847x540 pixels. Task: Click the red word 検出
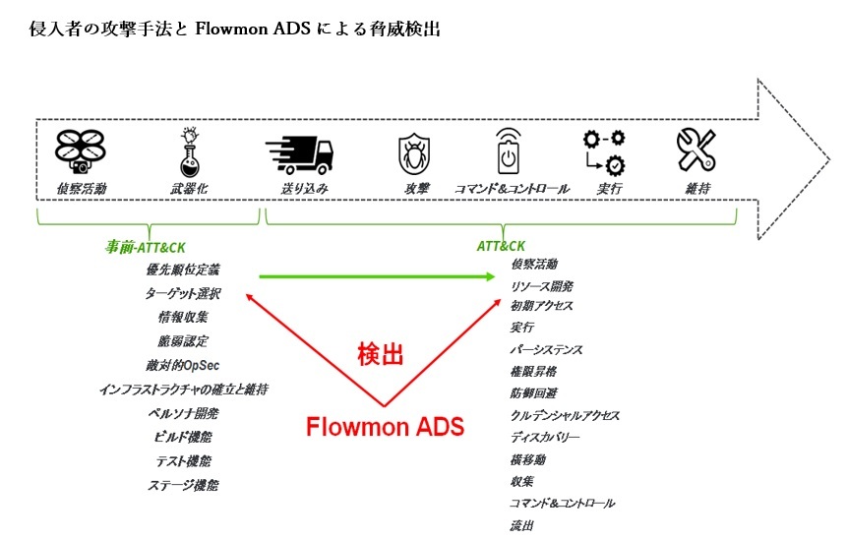coord(380,355)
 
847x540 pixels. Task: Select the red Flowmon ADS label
coord(385,427)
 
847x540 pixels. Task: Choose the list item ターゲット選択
coord(183,292)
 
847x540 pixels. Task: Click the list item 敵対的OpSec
coord(183,365)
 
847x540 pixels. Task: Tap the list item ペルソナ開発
coord(183,413)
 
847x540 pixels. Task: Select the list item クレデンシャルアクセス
coord(565,415)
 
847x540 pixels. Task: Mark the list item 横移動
coord(528,458)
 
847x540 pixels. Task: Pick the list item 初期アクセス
coord(541,306)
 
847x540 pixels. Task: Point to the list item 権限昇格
coord(534,372)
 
